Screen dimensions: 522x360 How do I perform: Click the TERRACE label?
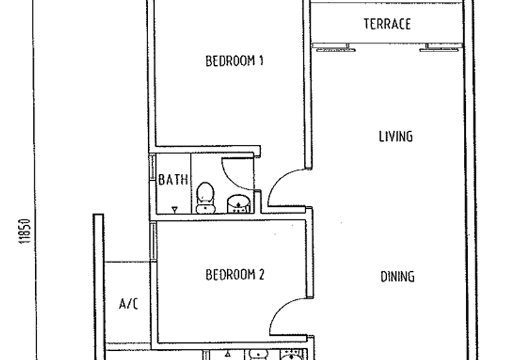click(387, 24)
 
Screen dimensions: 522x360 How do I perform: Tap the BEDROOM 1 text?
click(234, 61)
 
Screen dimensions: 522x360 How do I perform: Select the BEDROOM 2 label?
click(235, 275)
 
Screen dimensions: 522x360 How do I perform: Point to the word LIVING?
click(396, 136)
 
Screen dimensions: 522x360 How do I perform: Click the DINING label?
click(397, 277)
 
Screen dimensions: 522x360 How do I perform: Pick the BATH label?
click(173, 179)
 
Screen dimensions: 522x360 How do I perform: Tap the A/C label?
click(129, 304)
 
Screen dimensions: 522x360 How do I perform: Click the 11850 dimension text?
click(25, 232)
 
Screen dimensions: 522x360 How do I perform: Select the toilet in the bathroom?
click(205, 198)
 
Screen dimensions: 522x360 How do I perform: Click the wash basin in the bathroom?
click(238, 203)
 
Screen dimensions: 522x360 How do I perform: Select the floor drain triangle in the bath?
click(174, 209)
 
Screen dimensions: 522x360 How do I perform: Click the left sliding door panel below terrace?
click(336, 50)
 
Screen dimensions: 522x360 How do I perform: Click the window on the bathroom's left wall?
click(153, 168)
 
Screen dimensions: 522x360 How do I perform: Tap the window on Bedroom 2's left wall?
click(153, 241)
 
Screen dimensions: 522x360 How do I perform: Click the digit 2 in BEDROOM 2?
click(262, 275)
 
